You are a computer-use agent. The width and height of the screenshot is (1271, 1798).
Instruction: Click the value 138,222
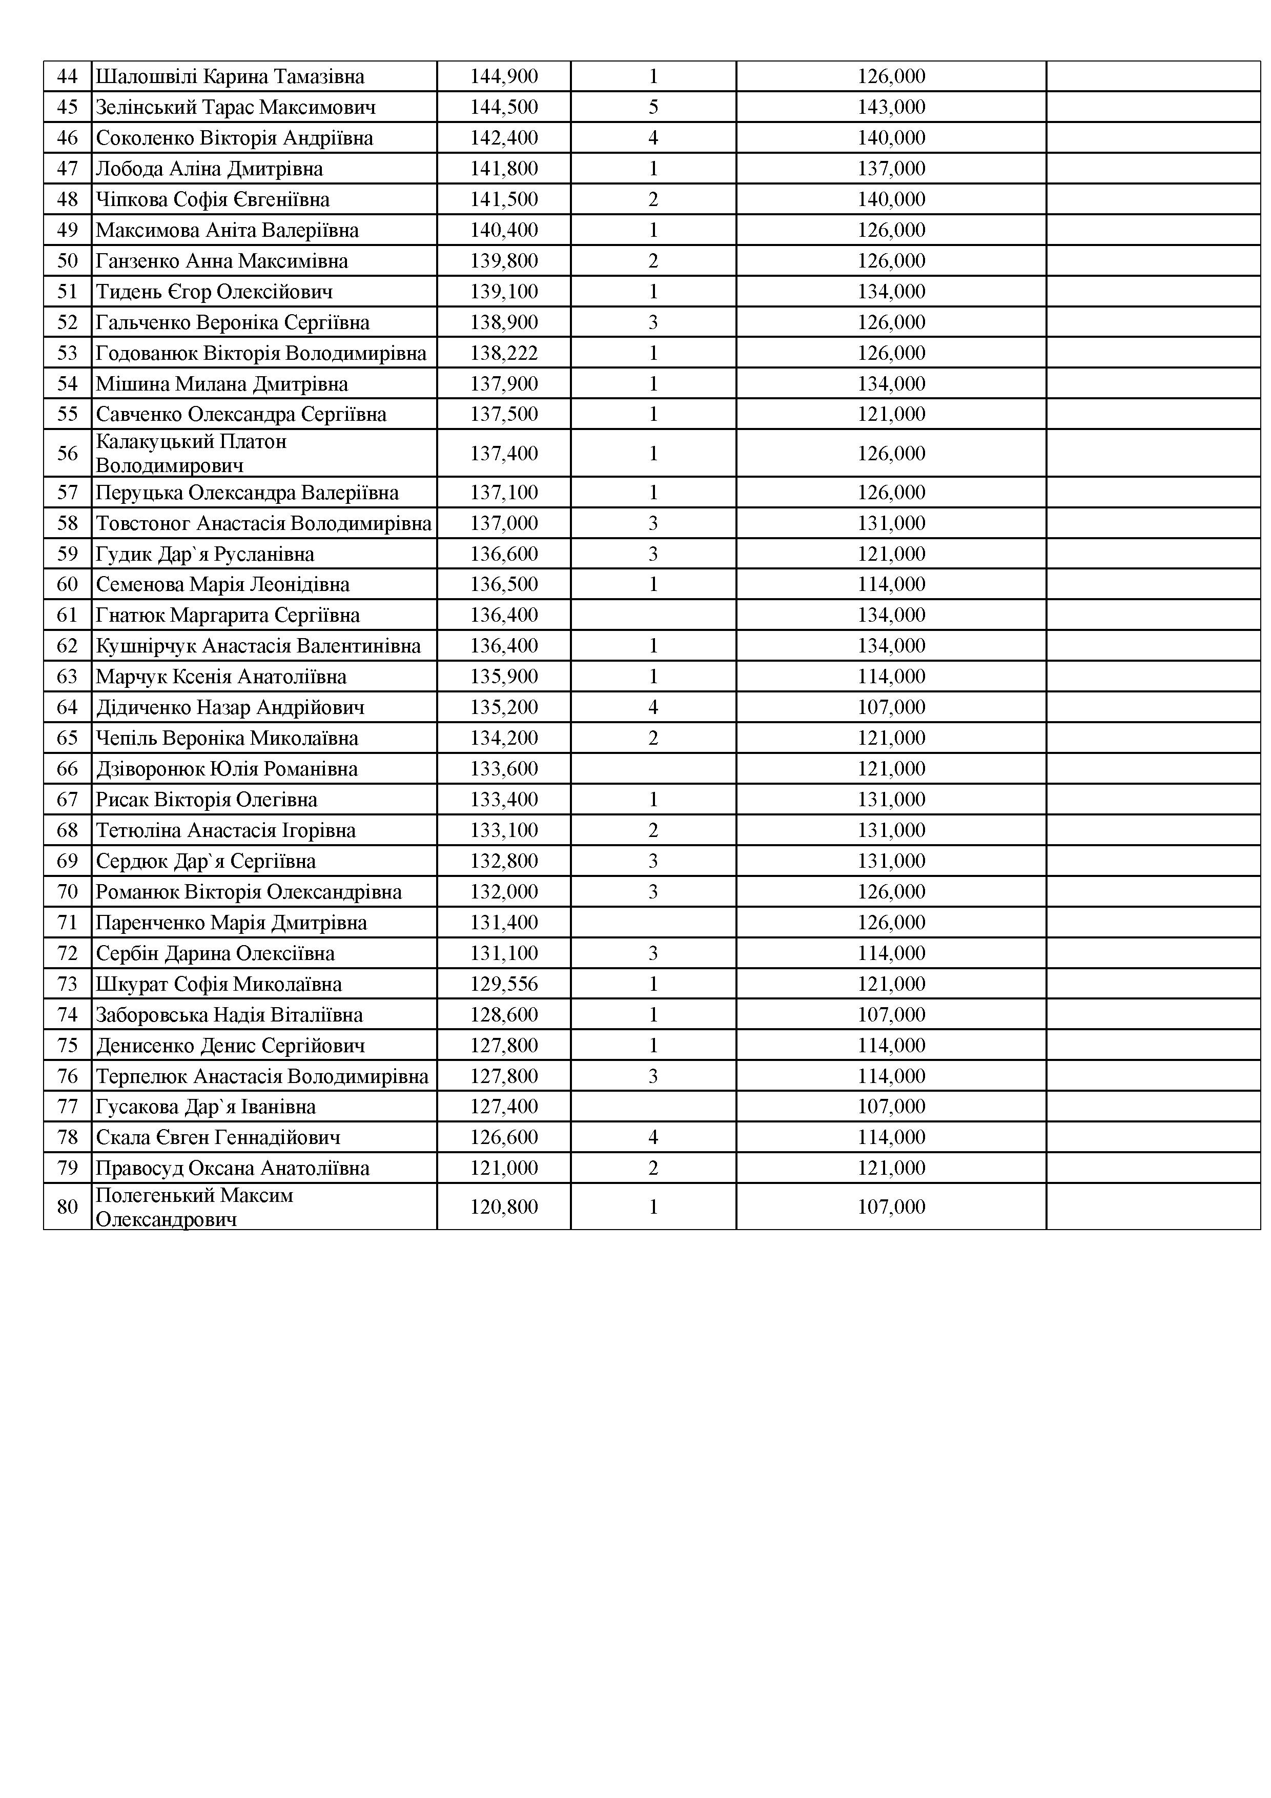coord(504,353)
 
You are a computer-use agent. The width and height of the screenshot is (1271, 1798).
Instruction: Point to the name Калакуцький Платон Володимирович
coord(191,454)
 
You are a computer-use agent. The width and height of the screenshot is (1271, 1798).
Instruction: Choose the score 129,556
coord(504,985)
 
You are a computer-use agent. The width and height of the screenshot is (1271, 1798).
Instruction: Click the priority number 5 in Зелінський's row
coord(653,107)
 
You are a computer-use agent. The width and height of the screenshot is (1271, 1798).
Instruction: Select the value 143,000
coord(891,107)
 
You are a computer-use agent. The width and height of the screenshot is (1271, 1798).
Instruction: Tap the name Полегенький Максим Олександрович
coord(194,1207)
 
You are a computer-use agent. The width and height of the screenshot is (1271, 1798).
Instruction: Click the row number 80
coord(67,1207)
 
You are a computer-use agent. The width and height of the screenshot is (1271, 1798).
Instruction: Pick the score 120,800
coord(504,1207)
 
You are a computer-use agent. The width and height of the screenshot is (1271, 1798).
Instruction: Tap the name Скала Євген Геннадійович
coord(218,1137)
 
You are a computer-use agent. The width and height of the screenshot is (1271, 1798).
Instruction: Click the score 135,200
coord(504,707)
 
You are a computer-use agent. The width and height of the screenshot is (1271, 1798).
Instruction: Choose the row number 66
coord(67,769)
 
